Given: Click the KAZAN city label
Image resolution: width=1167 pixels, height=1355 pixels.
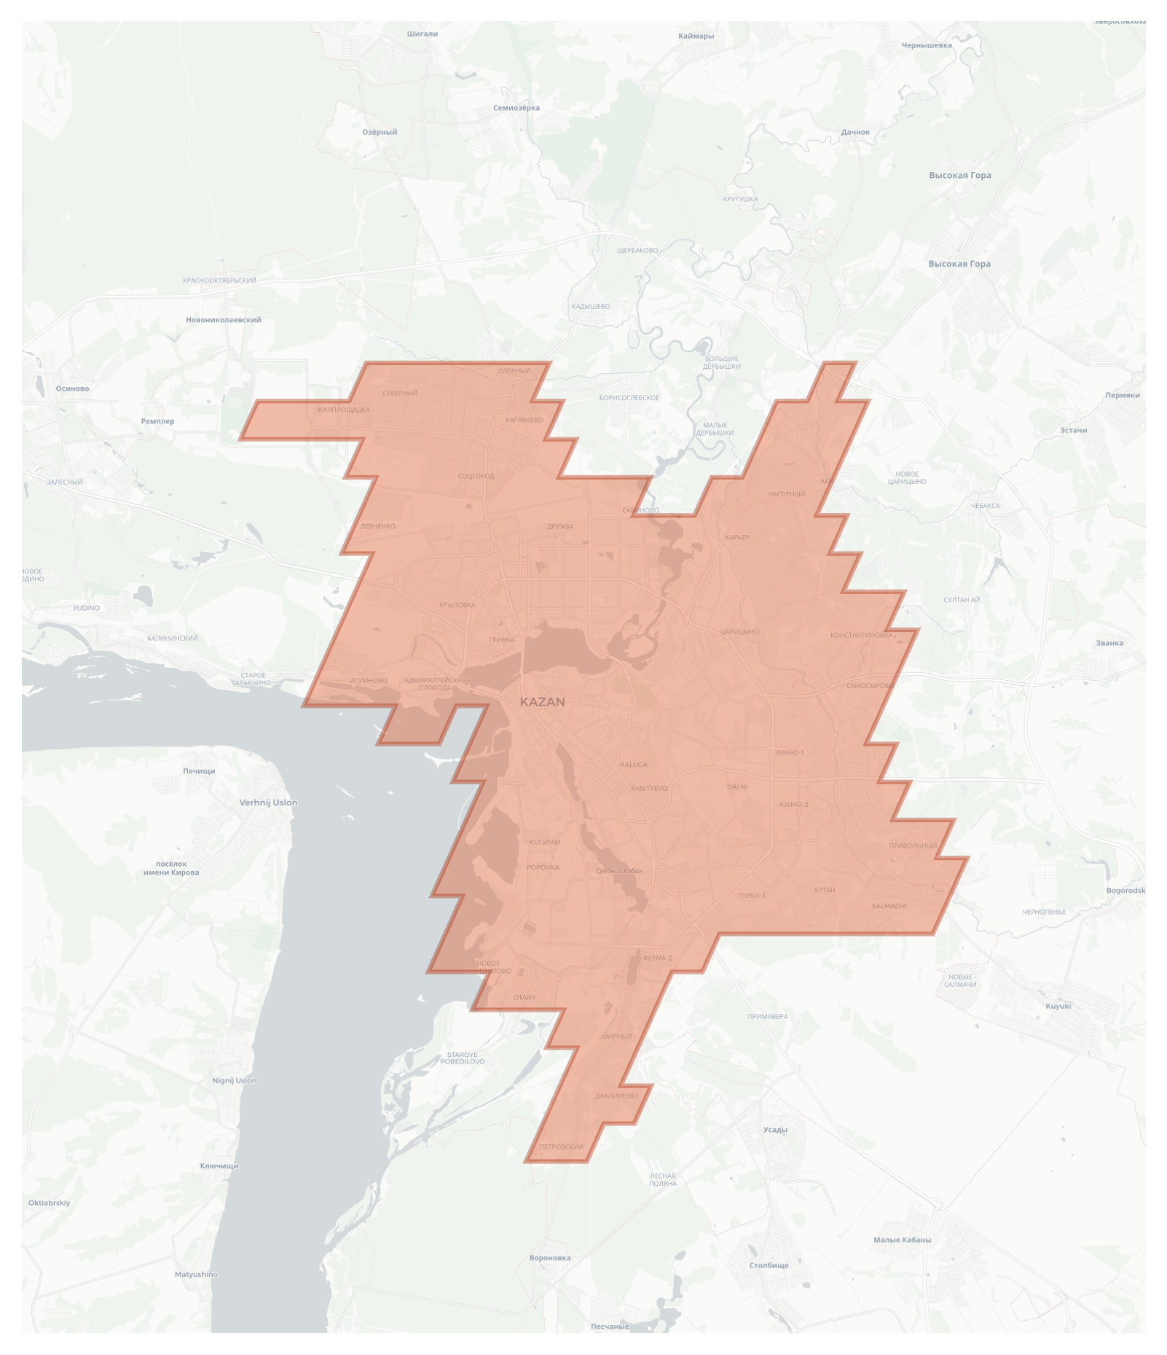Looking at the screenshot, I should pyautogui.click(x=542, y=702).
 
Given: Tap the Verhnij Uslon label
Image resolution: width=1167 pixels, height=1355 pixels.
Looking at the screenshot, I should pyautogui.click(x=268, y=803).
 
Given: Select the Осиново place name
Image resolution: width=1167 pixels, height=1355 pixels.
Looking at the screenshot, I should pyautogui.click(x=72, y=388).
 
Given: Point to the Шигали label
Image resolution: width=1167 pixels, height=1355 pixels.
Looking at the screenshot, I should pyautogui.click(x=423, y=34).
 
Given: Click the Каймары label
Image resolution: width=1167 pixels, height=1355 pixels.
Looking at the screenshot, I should pyautogui.click(x=696, y=36).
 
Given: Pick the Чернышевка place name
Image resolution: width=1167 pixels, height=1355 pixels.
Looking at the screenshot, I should pyautogui.click(x=927, y=45).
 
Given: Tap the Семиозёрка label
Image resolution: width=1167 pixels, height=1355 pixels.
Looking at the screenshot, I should pyautogui.click(x=516, y=108).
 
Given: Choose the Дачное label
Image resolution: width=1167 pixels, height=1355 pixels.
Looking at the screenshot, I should pyautogui.click(x=855, y=132).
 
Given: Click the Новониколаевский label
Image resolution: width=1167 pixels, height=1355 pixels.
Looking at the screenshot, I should pyautogui.click(x=223, y=319).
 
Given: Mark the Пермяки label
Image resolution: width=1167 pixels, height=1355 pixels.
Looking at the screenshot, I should pyautogui.click(x=1122, y=395).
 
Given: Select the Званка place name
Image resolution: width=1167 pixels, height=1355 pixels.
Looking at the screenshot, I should pyautogui.click(x=1109, y=643).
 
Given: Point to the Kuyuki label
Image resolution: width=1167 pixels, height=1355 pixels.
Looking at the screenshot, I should pyautogui.click(x=1058, y=1006).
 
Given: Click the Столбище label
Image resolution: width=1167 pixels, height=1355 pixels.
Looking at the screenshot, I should pyautogui.click(x=769, y=1265).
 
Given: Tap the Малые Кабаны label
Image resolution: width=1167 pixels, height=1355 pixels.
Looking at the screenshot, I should pyautogui.click(x=902, y=1239).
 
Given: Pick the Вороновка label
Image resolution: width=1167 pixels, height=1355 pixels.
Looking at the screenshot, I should pyautogui.click(x=550, y=1257).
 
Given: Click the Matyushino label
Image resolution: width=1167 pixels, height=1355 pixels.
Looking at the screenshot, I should pyautogui.click(x=196, y=1274).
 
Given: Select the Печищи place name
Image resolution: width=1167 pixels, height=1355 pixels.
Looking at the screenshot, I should pyautogui.click(x=199, y=771).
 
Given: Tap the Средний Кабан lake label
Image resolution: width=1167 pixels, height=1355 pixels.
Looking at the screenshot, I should pyautogui.click(x=619, y=870).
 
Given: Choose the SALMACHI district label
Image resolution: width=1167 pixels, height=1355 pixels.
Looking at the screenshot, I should pyautogui.click(x=889, y=906).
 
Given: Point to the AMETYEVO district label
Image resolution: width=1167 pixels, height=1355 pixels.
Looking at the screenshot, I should pyautogui.click(x=649, y=788).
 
